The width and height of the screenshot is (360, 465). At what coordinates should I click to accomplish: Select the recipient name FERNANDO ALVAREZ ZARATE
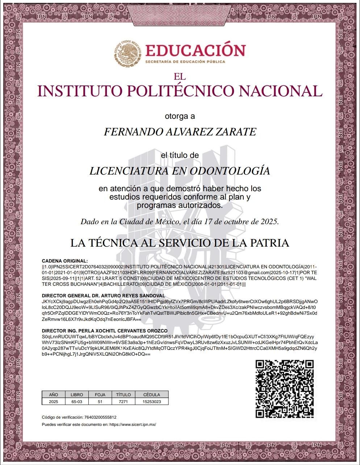click(x=180, y=131)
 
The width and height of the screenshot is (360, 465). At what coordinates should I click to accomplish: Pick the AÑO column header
click(x=54, y=395)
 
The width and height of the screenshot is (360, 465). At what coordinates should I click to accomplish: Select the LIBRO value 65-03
click(x=77, y=402)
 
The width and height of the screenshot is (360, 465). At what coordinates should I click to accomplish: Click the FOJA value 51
click(x=100, y=402)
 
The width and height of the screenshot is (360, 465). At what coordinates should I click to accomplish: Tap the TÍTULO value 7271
click(x=124, y=402)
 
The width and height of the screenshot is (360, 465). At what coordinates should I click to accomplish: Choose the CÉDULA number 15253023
click(x=152, y=402)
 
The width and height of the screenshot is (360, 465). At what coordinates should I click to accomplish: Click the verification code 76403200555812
click(x=100, y=417)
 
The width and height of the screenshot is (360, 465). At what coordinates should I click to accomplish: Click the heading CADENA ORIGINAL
click(x=65, y=261)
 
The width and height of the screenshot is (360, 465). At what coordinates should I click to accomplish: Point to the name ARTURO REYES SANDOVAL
click(x=136, y=296)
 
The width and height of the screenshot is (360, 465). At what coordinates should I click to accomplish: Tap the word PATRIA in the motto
click(x=271, y=243)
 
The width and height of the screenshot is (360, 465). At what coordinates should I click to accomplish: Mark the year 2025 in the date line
click(x=270, y=221)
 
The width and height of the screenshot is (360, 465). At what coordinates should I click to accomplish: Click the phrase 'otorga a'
click(x=180, y=117)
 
